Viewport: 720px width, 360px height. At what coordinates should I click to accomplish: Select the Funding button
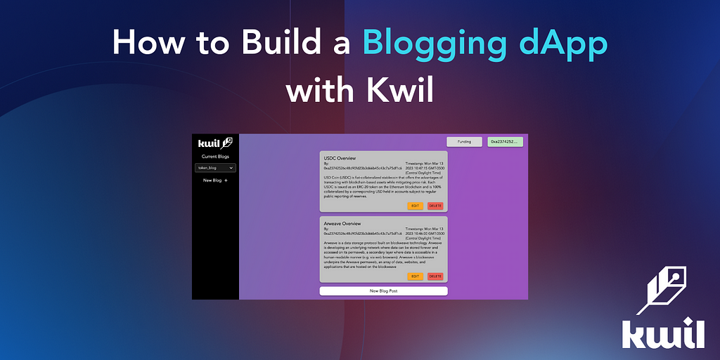point(464,142)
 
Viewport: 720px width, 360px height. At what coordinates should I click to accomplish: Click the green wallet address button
point(505,142)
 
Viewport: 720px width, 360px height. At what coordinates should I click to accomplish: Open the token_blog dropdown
point(215,168)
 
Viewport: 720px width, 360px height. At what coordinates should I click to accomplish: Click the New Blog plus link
point(215,181)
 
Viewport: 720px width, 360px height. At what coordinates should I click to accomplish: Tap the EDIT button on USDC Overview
point(416,205)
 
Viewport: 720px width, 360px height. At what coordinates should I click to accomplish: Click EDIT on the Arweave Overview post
point(416,276)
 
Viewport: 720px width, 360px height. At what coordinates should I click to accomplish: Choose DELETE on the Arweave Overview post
point(435,276)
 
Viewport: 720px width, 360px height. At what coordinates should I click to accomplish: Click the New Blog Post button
point(383,290)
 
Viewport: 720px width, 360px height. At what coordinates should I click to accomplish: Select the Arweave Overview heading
point(343,224)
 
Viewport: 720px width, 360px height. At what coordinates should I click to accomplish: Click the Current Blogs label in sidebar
point(215,156)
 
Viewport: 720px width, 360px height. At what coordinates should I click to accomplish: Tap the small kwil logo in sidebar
point(214,143)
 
